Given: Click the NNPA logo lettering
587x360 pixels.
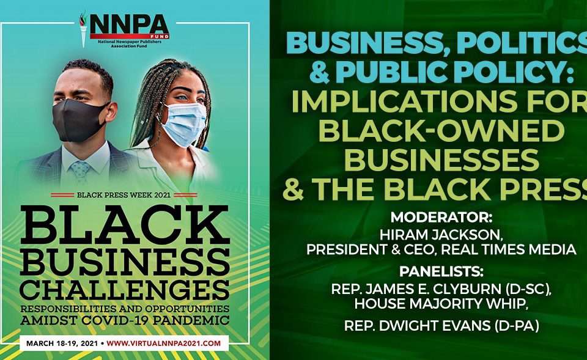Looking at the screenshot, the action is coord(129,25).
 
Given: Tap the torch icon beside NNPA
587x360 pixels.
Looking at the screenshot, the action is coord(83,30).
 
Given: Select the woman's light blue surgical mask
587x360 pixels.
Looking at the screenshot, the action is coord(184,124).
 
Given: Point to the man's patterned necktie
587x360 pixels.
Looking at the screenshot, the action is coord(80,171).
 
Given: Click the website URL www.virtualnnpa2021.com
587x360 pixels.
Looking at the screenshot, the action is coord(164,343).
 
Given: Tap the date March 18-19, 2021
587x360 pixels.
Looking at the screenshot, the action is coord(62,343).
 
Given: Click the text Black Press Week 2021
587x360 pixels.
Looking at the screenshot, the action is coord(124,195).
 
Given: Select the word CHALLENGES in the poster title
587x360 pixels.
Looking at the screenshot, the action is coord(125,290).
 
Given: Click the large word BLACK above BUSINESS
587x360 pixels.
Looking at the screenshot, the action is coord(125,225).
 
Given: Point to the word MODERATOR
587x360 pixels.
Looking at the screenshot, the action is coord(441,218).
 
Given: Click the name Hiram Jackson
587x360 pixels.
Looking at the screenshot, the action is coord(441,235).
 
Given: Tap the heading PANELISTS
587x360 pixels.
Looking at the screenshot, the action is coord(441,271).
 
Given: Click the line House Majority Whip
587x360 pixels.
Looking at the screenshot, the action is coord(441,304).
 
